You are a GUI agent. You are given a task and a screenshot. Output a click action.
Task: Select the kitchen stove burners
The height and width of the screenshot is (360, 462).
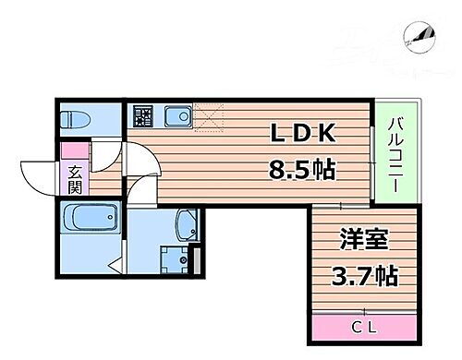(142, 116)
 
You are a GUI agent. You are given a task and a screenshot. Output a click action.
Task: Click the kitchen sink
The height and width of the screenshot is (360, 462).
(176, 116)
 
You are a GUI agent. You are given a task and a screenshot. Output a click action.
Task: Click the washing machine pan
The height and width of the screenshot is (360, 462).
(173, 258)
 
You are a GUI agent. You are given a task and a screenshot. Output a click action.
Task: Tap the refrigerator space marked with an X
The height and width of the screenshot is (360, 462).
(209, 118)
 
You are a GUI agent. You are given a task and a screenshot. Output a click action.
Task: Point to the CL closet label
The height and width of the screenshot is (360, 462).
(362, 327)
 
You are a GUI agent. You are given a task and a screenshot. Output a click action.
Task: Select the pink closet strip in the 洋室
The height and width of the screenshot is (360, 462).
(362, 327)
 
